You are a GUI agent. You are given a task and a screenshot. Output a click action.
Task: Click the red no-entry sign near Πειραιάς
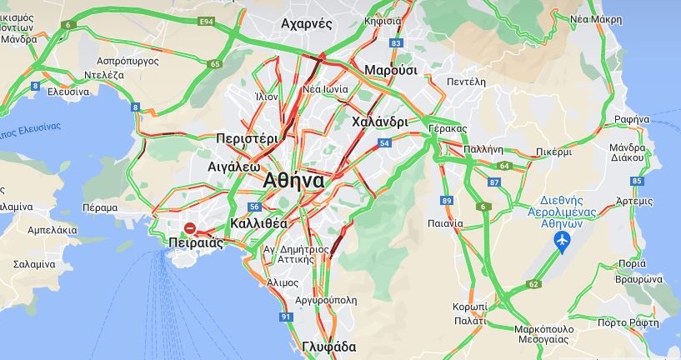coord(190,227)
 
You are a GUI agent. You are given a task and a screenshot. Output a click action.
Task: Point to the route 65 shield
coord(215,64)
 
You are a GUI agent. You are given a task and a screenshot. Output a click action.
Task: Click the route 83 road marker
coord(396,42)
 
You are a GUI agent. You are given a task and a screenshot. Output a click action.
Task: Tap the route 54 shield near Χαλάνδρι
coord(383,143)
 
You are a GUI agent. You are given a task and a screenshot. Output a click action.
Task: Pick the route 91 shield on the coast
coord(287,317)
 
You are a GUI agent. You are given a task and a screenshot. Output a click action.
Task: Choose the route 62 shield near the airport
coord(533,284)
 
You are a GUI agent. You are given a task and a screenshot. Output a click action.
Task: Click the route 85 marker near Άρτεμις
coord(638,180)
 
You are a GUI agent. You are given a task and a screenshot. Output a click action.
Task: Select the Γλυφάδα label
coord(328,347)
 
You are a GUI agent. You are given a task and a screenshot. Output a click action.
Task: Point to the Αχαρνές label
coord(308,23)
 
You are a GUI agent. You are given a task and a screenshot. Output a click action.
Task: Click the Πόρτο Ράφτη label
coord(623,322)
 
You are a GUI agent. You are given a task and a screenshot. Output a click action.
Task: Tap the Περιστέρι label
coord(246,137)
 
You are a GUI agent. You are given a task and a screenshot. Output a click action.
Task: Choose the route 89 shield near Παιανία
coord(448,200)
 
